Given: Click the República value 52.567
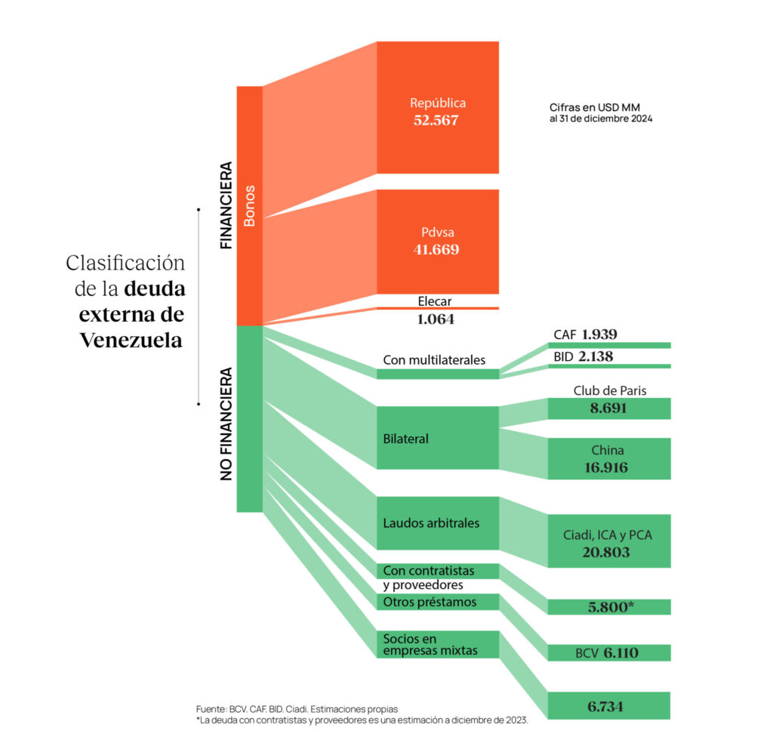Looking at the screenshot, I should click(x=436, y=120).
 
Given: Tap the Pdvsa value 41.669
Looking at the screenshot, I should click(x=436, y=250).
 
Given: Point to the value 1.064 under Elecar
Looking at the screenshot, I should click(x=436, y=319).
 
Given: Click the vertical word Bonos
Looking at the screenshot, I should click(x=250, y=205).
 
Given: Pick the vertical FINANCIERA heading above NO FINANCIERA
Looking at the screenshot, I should click(x=226, y=205).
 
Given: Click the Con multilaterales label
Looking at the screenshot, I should click(x=434, y=360).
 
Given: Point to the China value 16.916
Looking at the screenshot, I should click(x=608, y=467).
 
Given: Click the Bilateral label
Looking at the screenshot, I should click(x=405, y=438).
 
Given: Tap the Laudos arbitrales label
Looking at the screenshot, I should click(x=431, y=523).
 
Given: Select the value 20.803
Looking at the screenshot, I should click(x=608, y=552).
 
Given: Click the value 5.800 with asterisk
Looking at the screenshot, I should click(x=610, y=607).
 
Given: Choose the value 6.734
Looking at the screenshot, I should click(x=608, y=707).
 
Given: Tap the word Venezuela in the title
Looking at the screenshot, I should click(x=131, y=340).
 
